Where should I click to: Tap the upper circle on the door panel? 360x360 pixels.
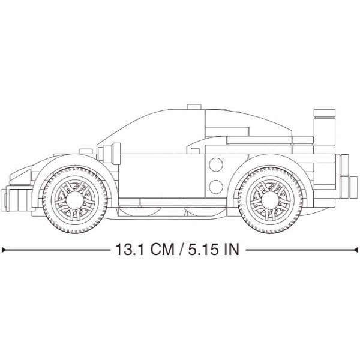click(x=216, y=164)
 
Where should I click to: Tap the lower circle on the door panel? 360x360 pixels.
click(x=216, y=187)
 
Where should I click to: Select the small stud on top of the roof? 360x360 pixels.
click(x=194, y=107)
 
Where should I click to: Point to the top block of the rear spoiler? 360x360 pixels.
click(x=325, y=113)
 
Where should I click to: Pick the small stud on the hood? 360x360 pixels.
click(x=86, y=151)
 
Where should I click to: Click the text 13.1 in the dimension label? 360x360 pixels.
click(x=130, y=250)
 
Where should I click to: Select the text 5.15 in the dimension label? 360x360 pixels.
click(x=203, y=250)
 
